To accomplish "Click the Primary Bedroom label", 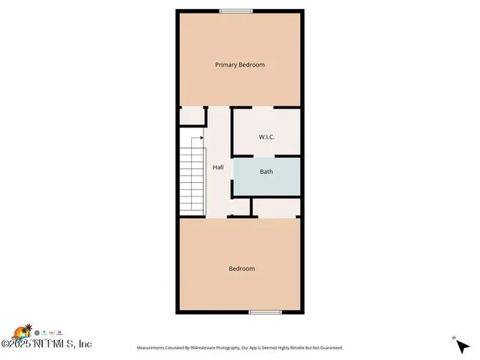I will pyautogui.click(x=239, y=64).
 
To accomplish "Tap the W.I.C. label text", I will pyautogui.click(x=267, y=137).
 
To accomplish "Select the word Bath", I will pyautogui.click(x=266, y=172).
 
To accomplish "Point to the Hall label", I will pyautogui.click(x=217, y=167).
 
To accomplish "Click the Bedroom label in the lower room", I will pyautogui.click(x=241, y=268).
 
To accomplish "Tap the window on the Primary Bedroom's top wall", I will pyautogui.click(x=235, y=10).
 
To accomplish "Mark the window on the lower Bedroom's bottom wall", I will pyautogui.click(x=265, y=312).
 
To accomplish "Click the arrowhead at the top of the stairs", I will pyautogui.click(x=202, y=137).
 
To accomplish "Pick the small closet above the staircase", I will pyautogui.click(x=193, y=116).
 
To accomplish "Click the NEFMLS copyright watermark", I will pyautogui.click(x=46, y=343).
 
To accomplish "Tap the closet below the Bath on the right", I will pyautogui.click(x=277, y=207).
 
